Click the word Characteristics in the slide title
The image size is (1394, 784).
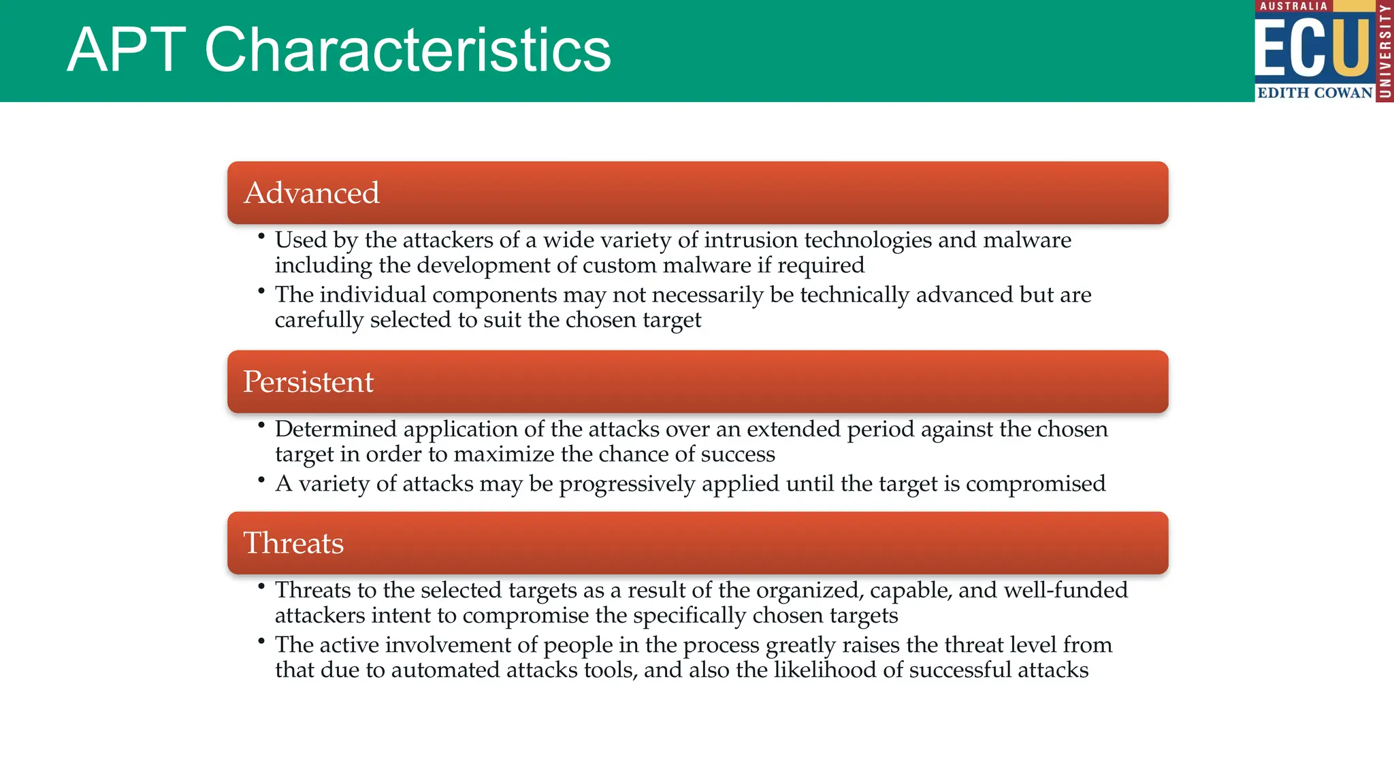tap(407, 50)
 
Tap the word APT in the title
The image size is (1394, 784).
tap(127, 50)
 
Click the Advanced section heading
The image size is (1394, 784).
tap(311, 193)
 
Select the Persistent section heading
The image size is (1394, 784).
tap(308, 382)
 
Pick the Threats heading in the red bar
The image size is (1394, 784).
tap(293, 543)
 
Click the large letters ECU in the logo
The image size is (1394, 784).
tap(1312, 48)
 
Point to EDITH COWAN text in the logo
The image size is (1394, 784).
tap(1314, 93)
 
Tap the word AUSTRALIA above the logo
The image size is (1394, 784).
tap(1293, 6)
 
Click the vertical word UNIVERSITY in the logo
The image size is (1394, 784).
tap(1384, 51)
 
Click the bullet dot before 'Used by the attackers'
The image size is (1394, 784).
tap(261, 236)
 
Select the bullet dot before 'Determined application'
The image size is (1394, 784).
tap(261, 425)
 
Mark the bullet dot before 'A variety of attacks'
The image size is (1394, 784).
tap(261, 480)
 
